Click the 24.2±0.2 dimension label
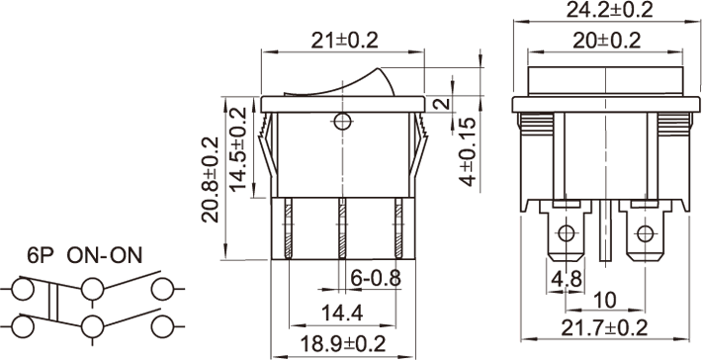pos(609,10)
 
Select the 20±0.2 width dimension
pos(607,42)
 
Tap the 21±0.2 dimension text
pos(345,42)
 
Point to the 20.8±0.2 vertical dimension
pos(211,180)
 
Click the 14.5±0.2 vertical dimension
pos(238,148)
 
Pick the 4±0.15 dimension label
pos(467,151)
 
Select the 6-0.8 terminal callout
pos(375,278)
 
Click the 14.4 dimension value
pos(342,313)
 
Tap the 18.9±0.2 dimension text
pos(342,344)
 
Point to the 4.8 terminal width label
pos(567,280)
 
